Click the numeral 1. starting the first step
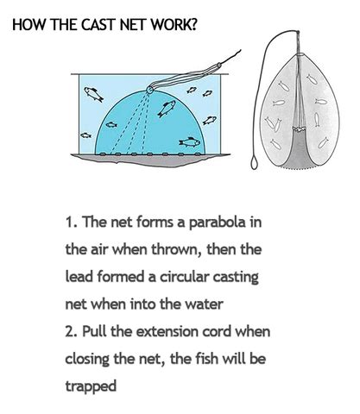[72, 223]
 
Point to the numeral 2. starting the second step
[72, 331]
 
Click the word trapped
[91, 386]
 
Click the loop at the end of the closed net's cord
[254, 162]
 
